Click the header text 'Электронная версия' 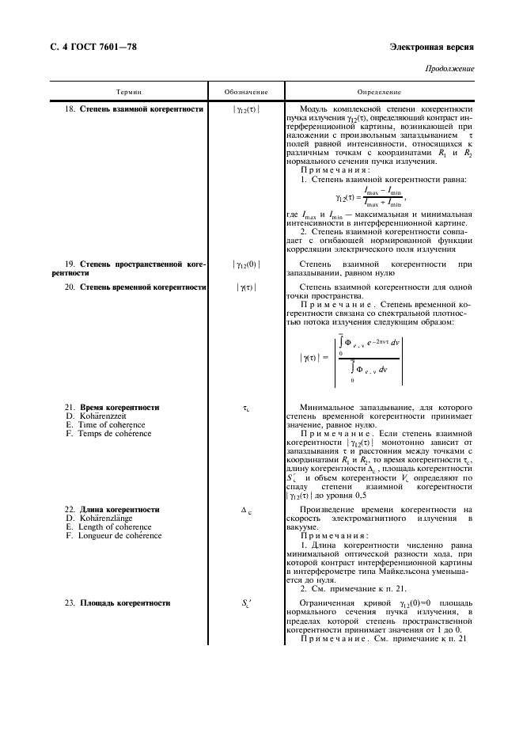(432, 47)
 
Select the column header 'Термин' (128, 93)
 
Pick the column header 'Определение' (380, 93)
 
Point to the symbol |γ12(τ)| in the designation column (245, 109)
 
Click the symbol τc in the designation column (246, 408)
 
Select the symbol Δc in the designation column (245, 510)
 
